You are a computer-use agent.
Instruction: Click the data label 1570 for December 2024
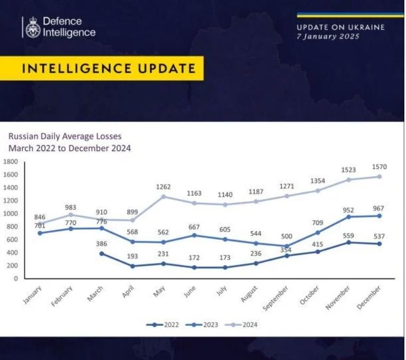[x=380, y=167]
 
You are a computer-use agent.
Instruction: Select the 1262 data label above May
[x=163, y=187]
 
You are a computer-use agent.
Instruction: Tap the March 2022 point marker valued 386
[x=102, y=253]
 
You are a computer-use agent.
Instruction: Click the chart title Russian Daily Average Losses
[x=64, y=137]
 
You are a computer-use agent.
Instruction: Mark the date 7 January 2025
[x=328, y=37]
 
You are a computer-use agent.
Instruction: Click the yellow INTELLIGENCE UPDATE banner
[x=108, y=68]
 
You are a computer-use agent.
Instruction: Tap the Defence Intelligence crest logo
[x=33, y=27]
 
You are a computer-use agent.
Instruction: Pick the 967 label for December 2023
[x=379, y=207]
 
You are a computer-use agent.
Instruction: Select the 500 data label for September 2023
[x=288, y=236]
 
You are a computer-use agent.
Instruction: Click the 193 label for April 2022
[x=133, y=257]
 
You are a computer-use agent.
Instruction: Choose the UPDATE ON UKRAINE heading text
[x=340, y=28]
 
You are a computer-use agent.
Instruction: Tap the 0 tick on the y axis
[x=16, y=278]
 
